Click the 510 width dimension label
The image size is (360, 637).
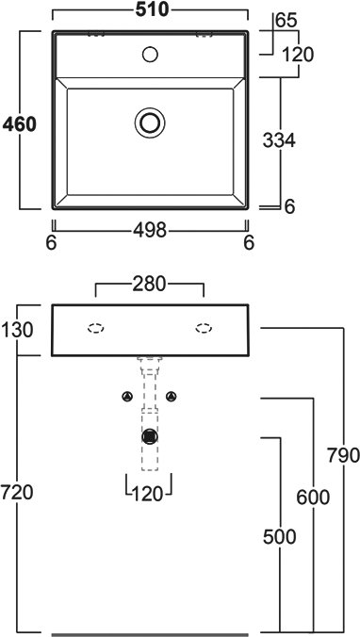[x=152, y=10]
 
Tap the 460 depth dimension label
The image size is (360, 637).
[x=19, y=124]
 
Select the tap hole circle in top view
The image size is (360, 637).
[x=150, y=54]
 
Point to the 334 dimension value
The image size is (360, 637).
[x=279, y=141]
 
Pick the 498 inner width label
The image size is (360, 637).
[x=150, y=231]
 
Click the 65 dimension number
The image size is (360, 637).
[x=286, y=21]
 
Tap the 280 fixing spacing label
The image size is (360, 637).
[x=150, y=284]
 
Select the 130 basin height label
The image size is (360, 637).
[x=17, y=331]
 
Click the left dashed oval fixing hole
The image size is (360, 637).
[x=96, y=328]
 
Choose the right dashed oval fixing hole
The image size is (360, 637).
[x=204, y=328]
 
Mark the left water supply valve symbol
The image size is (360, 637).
[x=128, y=397]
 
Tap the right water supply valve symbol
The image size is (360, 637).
[x=172, y=396]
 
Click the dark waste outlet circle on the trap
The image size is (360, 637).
[x=150, y=436]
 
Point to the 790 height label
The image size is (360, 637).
[x=343, y=455]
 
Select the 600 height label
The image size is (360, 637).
[x=313, y=497]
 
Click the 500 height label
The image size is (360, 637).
[x=279, y=537]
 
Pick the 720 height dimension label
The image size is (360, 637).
[x=17, y=493]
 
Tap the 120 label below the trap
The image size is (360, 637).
[x=148, y=494]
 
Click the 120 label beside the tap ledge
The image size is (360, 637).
[x=298, y=55]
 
